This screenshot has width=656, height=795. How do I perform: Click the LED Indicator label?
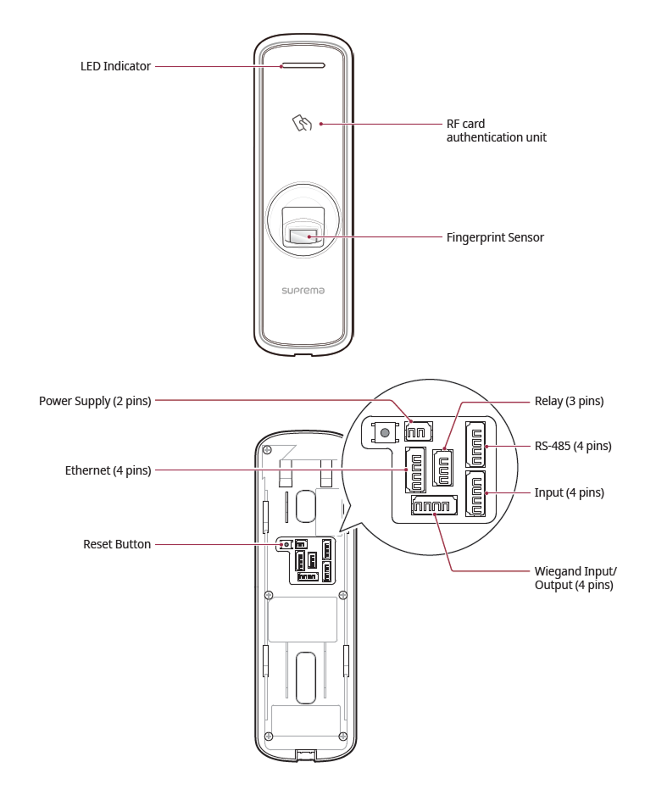[x=115, y=66]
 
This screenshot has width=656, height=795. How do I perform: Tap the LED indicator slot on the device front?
[x=302, y=64]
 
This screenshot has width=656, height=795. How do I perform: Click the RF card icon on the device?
[x=303, y=124]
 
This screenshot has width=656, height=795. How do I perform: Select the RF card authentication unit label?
[x=496, y=130]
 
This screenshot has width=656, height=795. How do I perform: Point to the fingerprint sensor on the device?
[x=303, y=237]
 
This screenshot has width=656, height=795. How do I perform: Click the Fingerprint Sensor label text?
[x=495, y=237]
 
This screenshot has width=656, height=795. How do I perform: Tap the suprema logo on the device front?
[x=303, y=290]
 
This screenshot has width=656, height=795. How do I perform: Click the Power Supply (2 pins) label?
[x=95, y=401]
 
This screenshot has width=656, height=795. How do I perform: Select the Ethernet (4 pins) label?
[x=108, y=470]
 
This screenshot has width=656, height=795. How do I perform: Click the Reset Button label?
[x=117, y=544]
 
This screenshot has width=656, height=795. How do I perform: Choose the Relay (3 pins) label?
[x=569, y=401]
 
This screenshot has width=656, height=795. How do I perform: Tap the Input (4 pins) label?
[x=570, y=492]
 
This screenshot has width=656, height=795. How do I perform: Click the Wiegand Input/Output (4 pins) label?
[x=575, y=579]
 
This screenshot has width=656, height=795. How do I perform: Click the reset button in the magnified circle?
[x=386, y=433]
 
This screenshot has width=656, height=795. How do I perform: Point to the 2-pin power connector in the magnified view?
[x=415, y=431]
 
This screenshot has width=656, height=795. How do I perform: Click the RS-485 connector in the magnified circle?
[x=475, y=443]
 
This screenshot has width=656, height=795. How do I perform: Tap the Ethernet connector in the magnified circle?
[x=415, y=470]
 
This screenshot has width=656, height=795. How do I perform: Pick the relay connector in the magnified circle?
[x=442, y=467]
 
